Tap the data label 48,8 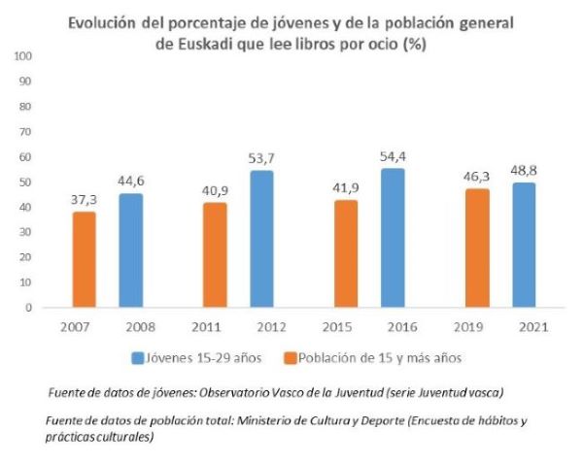[524, 170]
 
